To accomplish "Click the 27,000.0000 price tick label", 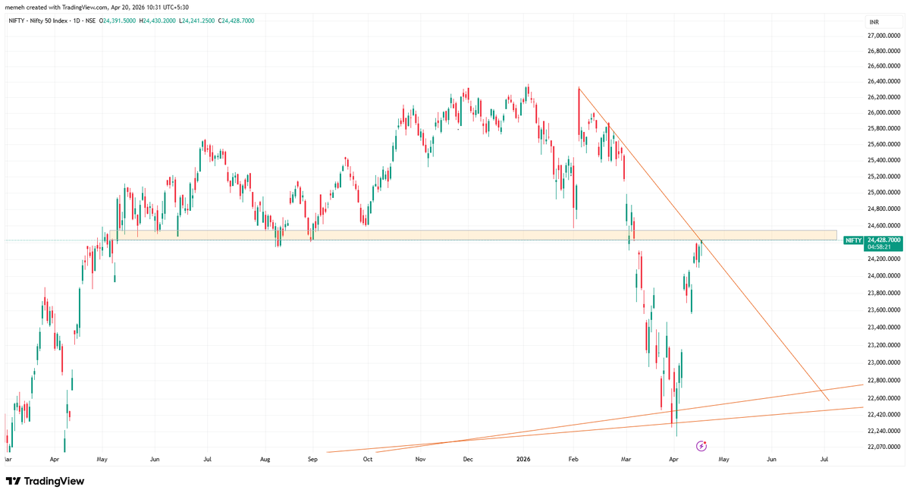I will [x=883, y=35].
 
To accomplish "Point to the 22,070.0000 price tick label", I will [x=883, y=447].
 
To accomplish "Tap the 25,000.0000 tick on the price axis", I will [x=883, y=193].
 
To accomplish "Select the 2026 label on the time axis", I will [x=523, y=460].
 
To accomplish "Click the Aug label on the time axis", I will [x=265, y=460].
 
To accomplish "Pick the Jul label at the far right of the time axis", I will [x=824, y=460].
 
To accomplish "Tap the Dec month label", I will [x=468, y=460].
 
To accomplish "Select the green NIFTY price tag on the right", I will [x=853, y=240].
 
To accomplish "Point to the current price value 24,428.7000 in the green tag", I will [x=884, y=240].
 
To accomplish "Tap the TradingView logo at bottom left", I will [x=45, y=481].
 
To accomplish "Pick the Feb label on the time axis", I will [x=573, y=460].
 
